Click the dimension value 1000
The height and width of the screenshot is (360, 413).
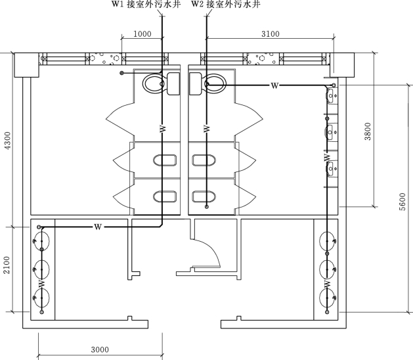pos(142,34)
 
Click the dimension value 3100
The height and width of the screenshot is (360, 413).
pos(271,34)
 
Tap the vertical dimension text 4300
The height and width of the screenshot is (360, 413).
pos(8,141)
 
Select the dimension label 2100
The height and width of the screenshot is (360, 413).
pos(7,265)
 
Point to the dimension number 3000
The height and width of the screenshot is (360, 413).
pos(100,349)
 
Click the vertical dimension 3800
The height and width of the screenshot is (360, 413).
pos(368,131)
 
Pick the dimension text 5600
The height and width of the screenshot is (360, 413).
pos(402,202)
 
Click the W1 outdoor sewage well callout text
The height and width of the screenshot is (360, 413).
pos(146,4)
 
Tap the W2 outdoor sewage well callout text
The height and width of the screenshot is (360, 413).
pos(226,4)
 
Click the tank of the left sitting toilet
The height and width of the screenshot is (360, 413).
pos(173,83)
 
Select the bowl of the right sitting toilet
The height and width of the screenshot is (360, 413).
pos(215,83)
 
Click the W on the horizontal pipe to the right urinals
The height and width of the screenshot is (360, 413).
pos(274,85)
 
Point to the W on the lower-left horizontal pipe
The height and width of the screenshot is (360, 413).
pos(98,227)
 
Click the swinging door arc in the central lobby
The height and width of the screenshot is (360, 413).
pos(213,250)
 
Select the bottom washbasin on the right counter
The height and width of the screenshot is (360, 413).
pos(328,298)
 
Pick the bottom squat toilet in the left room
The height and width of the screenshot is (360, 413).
pos(165,196)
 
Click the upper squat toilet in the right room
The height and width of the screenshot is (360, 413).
pos(204,160)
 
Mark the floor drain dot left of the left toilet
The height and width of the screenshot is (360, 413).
pos(121,73)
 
